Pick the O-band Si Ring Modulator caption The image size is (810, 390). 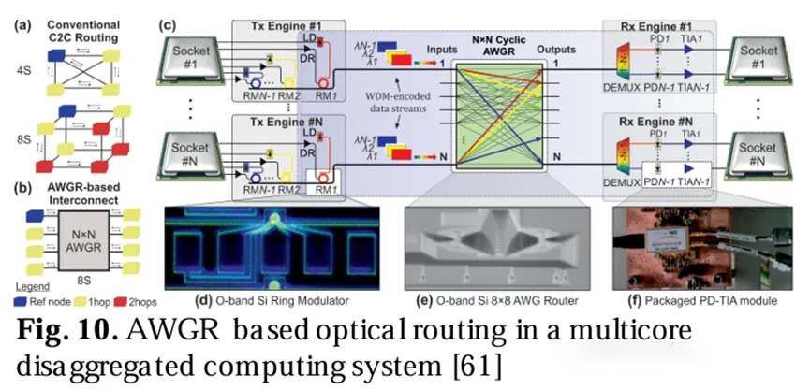[x=272, y=300]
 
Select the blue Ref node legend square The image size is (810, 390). [x=15, y=301]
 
